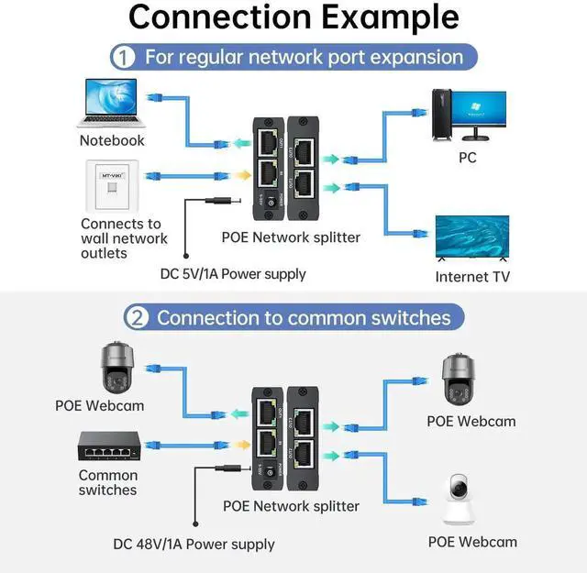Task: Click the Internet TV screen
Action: pos(471,235)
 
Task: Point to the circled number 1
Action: pos(123,57)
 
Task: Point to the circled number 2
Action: pos(136,318)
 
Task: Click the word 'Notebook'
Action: pos(112,140)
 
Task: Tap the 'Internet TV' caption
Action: pos(472,276)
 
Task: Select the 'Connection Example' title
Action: pos(293,17)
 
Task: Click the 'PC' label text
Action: pos(468,158)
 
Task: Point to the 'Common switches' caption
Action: pos(107,482)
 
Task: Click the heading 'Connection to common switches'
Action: pos(304,318)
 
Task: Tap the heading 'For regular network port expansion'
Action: pos(304,57)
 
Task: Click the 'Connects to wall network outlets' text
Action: pos(124,237)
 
